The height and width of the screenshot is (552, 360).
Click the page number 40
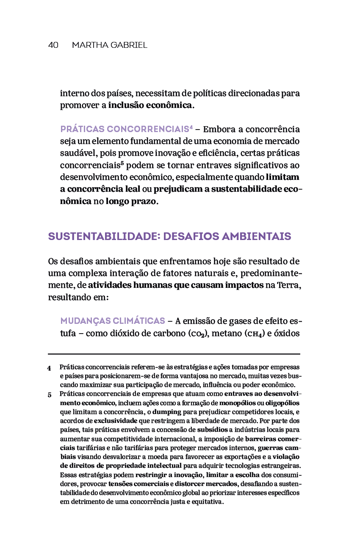tap(53, 45)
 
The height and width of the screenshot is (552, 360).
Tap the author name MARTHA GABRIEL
tap(109, 45)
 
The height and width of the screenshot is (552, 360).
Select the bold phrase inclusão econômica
tap(150, 105)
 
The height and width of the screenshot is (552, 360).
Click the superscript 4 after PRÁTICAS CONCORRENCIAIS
tap(191, 127)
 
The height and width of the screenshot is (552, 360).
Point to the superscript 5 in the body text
tap(122, 163)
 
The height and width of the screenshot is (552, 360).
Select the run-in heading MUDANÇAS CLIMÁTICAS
tap(112, 320)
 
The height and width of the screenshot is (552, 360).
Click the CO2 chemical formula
tap(197, 334)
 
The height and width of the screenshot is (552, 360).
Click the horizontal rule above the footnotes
tap(174, 353)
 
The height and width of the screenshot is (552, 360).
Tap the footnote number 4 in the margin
tap(49, 368)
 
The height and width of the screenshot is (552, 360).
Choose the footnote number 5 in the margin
tap(49, 395)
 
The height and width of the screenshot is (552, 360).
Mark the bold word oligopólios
tap(282, 403)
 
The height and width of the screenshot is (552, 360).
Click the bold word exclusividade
tap(115, 420)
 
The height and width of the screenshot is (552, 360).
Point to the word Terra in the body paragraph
tap(289, 285)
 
